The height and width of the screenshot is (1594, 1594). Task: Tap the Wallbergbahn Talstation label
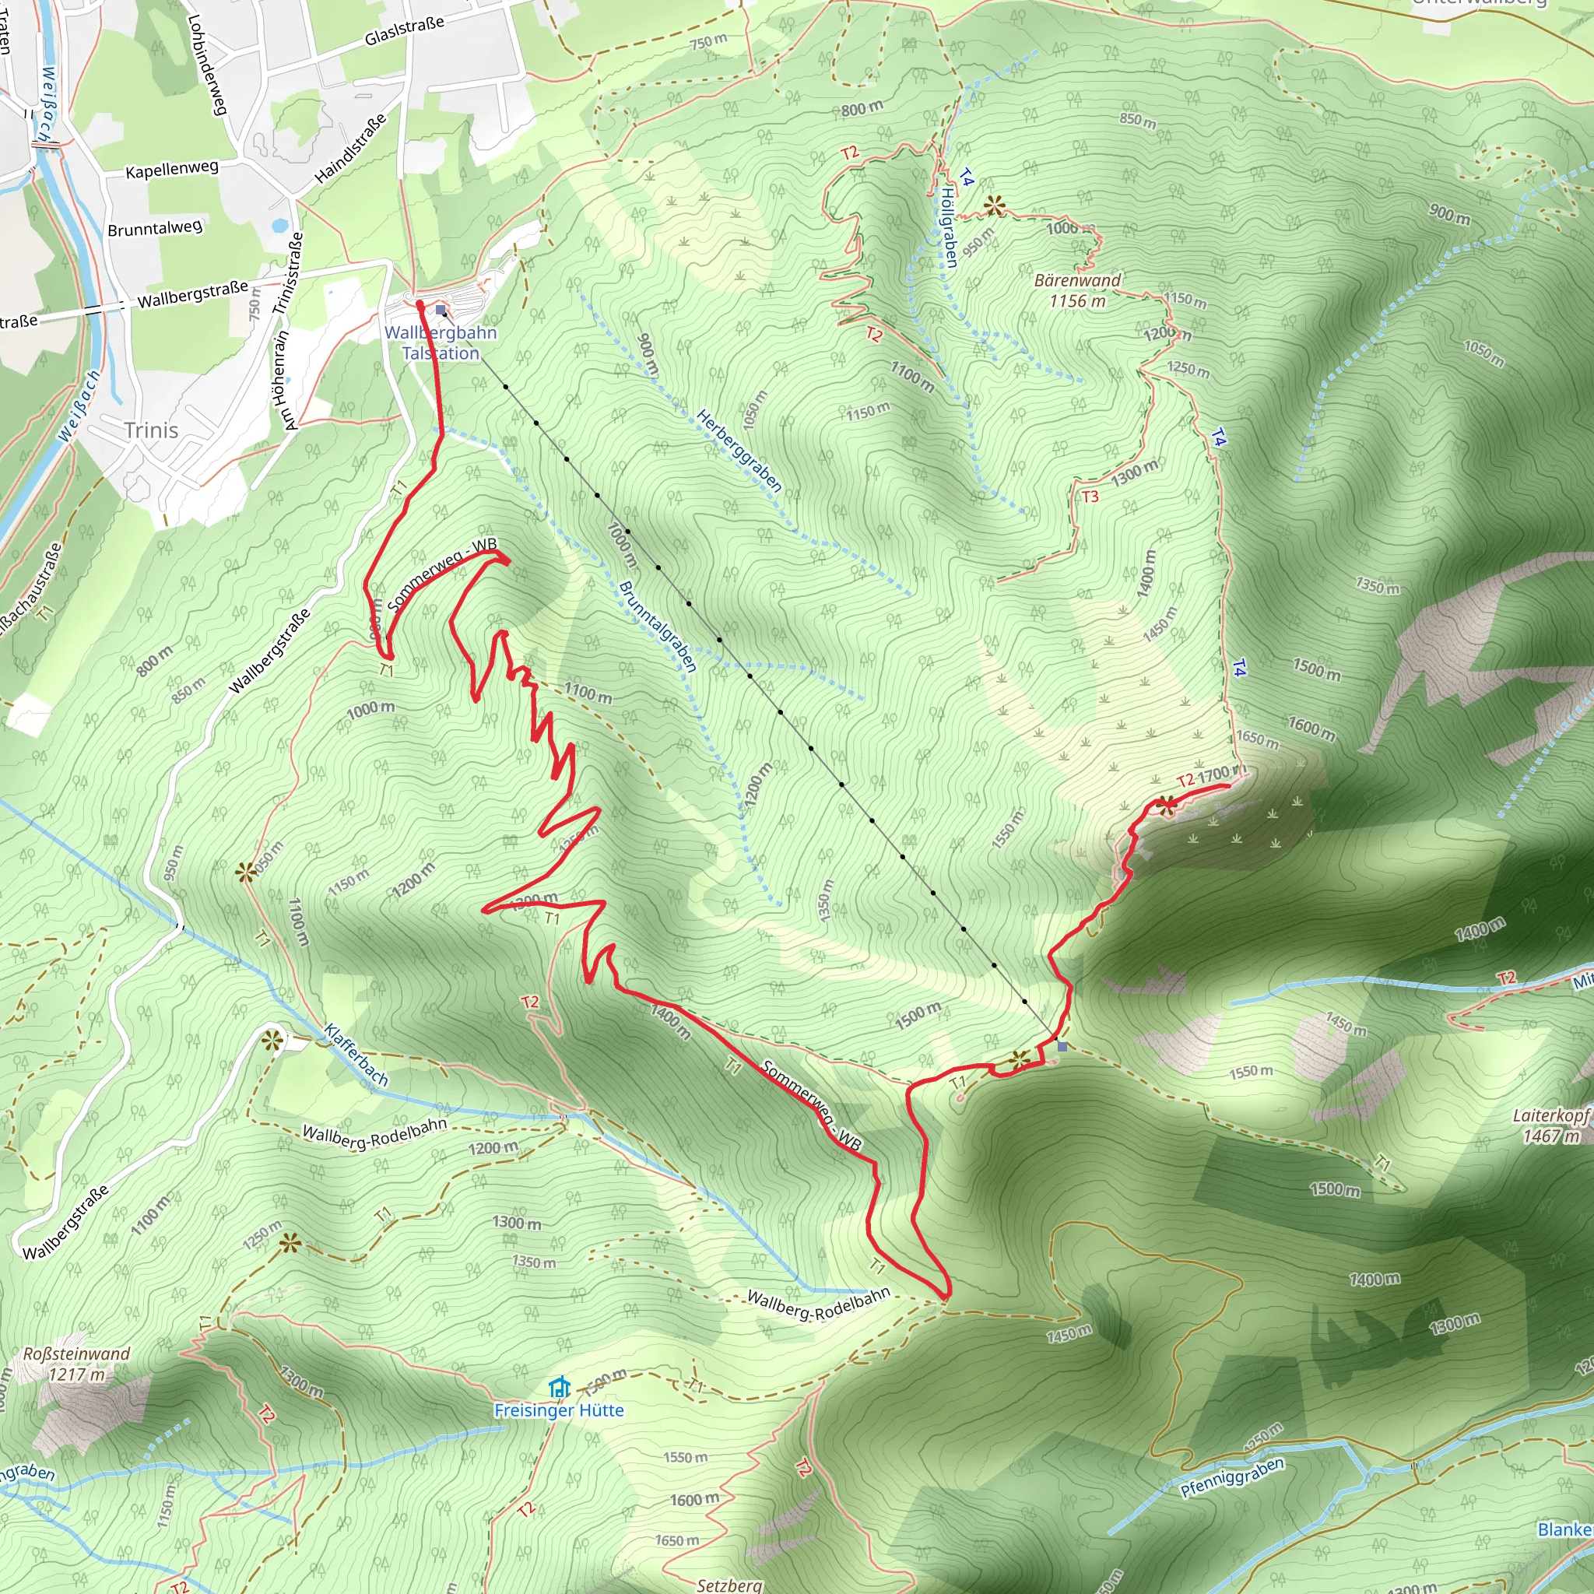click(441, 342)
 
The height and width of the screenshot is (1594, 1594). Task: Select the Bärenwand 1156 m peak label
click(1077, 290)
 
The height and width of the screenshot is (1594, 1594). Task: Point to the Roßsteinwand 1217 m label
click(77, 1364)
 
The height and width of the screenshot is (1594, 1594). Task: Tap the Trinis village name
click(151, 430)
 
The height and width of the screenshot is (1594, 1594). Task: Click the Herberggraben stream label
click(739, 451)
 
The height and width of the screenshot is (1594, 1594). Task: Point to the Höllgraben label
click(950, 227)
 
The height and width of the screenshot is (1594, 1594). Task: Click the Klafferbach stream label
click(356, 1055)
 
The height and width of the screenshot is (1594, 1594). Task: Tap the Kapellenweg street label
click(171, 169)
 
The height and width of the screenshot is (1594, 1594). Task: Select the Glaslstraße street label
click(404, 30)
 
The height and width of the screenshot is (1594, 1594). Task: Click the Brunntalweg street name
click(154, 228)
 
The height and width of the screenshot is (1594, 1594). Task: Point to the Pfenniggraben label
click(1232, 1476)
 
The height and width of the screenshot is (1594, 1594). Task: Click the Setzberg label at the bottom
click(729, 1585)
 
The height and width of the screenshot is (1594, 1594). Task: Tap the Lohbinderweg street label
click(206, 65)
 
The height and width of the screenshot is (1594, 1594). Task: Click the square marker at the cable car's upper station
click(1062, 1046)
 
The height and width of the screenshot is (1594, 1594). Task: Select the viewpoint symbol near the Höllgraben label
click(994, 205)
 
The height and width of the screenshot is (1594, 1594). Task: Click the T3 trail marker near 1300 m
click(1090, 497)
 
